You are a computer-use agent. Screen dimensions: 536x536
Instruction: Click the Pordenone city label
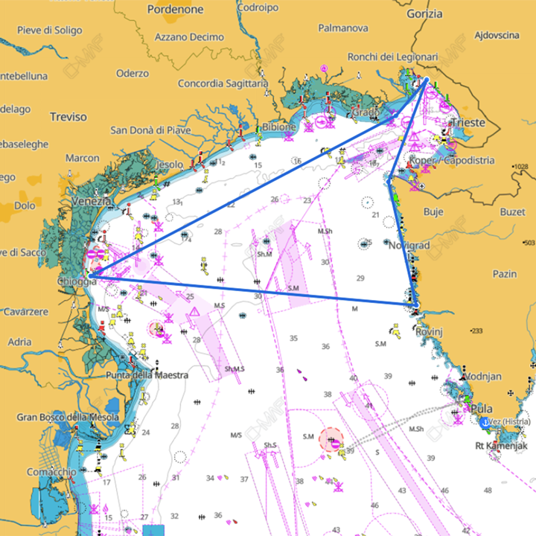tap(175, 10)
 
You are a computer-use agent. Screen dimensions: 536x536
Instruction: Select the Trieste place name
tap(468, 122)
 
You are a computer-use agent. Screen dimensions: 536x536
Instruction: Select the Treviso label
tap(68, 117)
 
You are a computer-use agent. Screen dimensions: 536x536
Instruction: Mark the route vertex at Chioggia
tap(90, 275)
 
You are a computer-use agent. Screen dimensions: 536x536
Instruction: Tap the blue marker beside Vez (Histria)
tap(484, 422)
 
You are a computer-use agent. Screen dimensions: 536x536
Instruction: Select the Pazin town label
tap(504, 275)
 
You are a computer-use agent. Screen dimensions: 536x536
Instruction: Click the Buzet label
tap(512, 212)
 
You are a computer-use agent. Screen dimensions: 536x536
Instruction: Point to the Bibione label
tap(279, 127)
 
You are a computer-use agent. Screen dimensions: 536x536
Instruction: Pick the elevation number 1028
tap(521, 166)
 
